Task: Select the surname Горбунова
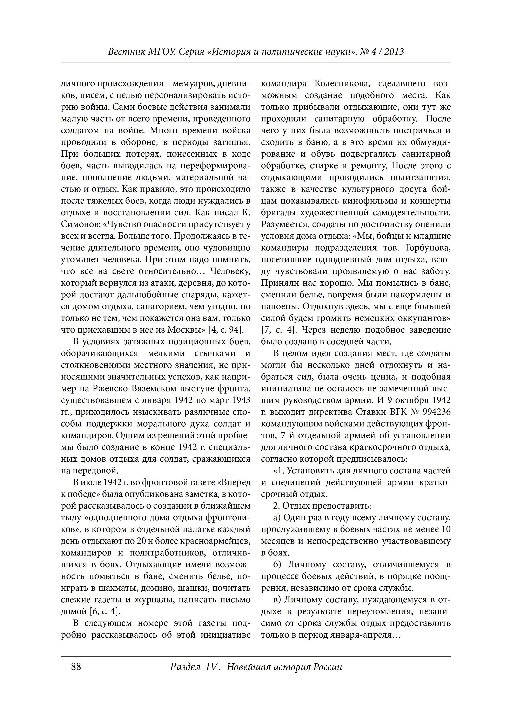point(428,248)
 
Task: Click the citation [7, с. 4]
point(278,330)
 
